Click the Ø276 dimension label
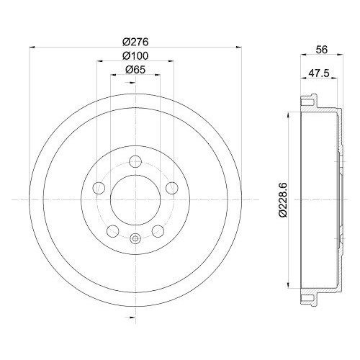(135, 42)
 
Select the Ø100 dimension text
(135, 55)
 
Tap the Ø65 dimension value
(135, 70)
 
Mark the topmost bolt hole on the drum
(135, 162)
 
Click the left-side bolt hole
(99, 188)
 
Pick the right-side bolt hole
(171, 188)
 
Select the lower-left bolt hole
(112, 230)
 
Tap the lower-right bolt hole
(157, 230)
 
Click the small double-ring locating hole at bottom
(135, 239)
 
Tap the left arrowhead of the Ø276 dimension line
(31, 48)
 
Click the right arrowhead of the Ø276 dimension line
(238, 48)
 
